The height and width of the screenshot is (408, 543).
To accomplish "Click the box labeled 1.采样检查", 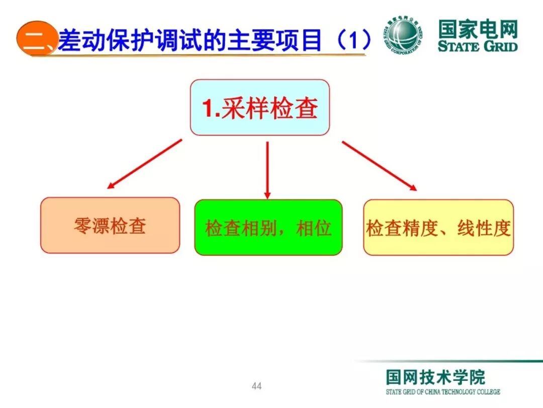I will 259,108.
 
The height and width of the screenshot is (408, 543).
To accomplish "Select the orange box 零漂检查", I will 110,225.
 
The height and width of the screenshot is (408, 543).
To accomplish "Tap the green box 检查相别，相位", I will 268,228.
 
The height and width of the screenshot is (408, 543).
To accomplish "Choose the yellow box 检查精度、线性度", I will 438,228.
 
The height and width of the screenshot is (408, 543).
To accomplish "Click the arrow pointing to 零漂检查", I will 144,164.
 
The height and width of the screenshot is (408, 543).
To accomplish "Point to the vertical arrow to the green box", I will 267,170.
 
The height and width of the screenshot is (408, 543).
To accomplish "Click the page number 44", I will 256,386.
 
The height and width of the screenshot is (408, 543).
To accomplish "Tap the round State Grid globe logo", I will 404,35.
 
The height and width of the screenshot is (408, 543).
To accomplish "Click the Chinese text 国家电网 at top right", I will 477,29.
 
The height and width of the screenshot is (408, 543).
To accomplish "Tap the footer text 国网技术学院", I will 435,377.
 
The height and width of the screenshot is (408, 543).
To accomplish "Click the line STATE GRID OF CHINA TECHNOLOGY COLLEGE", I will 443,392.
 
